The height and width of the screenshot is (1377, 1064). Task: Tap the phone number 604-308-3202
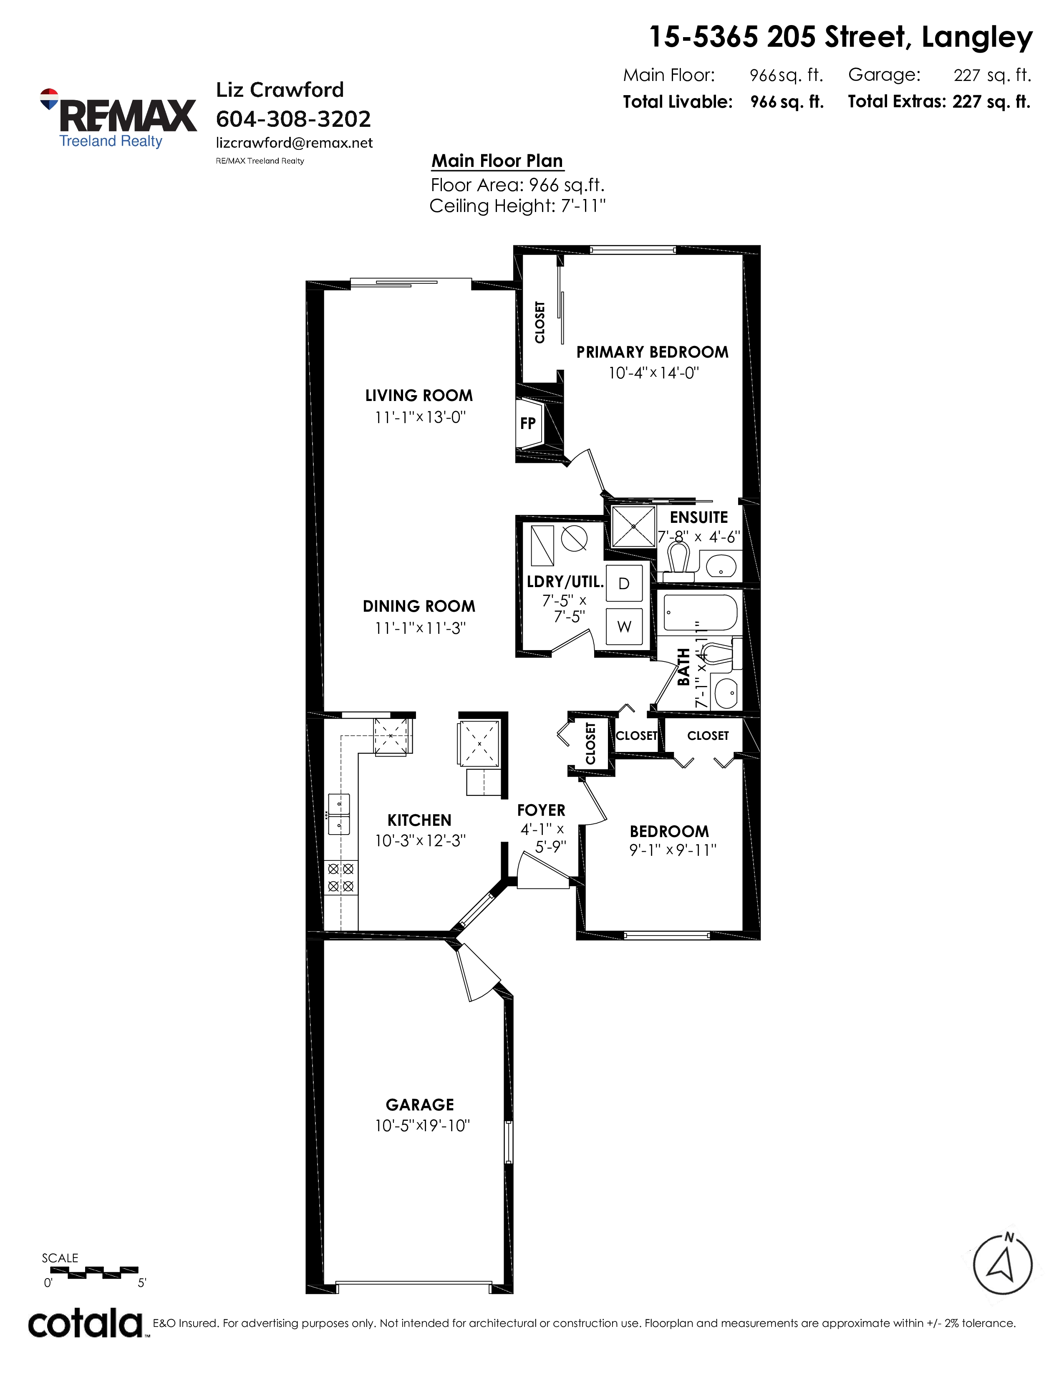tap(293, 119)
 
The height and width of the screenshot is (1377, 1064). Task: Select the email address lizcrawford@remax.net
tap(294, 143)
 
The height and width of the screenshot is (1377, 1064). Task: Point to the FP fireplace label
tap(527, 424)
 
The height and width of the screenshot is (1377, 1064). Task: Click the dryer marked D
tap(624, 583)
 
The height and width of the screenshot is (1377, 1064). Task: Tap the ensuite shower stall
tap(633, 527)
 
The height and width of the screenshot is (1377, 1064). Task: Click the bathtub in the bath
tap(700, 613)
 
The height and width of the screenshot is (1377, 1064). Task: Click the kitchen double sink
tap(338, 814)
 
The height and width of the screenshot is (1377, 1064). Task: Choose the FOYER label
tap(541, 810)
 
